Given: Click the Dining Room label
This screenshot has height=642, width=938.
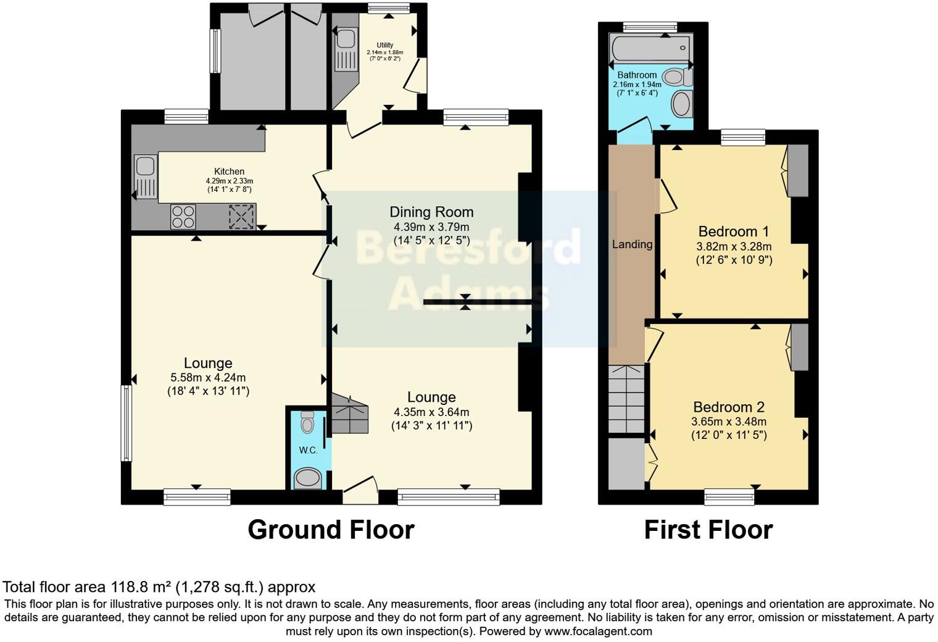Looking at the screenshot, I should (431, 212).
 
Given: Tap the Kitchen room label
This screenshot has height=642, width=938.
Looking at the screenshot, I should (229, 172).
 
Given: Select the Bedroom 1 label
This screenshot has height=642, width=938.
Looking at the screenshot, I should (733, 231).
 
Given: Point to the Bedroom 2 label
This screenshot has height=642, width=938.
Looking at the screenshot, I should (728, 407).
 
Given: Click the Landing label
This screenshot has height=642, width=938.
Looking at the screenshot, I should (632, 244).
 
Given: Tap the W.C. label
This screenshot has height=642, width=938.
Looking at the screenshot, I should (308, 451).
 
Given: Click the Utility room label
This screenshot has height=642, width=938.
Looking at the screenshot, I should (385, 45).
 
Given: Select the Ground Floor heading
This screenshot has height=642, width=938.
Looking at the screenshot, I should (331, 530).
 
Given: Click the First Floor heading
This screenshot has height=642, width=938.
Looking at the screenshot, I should (708, 530).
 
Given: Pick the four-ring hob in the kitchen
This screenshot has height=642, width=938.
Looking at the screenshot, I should (183, 217).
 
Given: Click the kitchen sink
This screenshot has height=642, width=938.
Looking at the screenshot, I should (146, 177).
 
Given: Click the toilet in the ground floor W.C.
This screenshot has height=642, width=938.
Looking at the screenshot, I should (307, 423).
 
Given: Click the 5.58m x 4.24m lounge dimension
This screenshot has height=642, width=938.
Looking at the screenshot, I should (208, 377).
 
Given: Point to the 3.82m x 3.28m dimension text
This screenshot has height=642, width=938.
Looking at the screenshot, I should (734, 246).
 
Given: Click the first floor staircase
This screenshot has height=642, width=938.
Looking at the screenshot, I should (626, 399).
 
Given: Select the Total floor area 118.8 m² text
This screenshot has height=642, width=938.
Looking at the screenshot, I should (159, 586).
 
